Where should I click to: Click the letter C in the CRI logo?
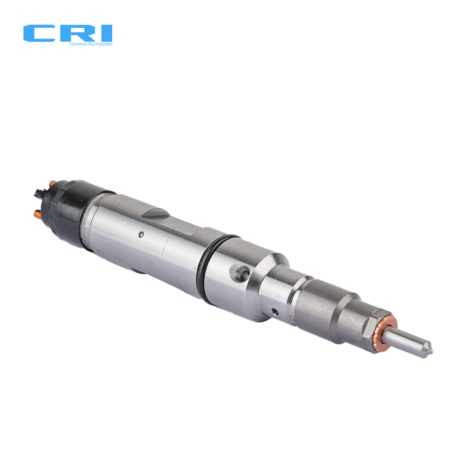point(39,33)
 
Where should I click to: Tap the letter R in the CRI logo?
point(77,33)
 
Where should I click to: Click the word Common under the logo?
point(78,44)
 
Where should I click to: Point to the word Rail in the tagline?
point(92,44)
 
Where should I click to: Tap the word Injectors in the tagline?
point(104,44)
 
